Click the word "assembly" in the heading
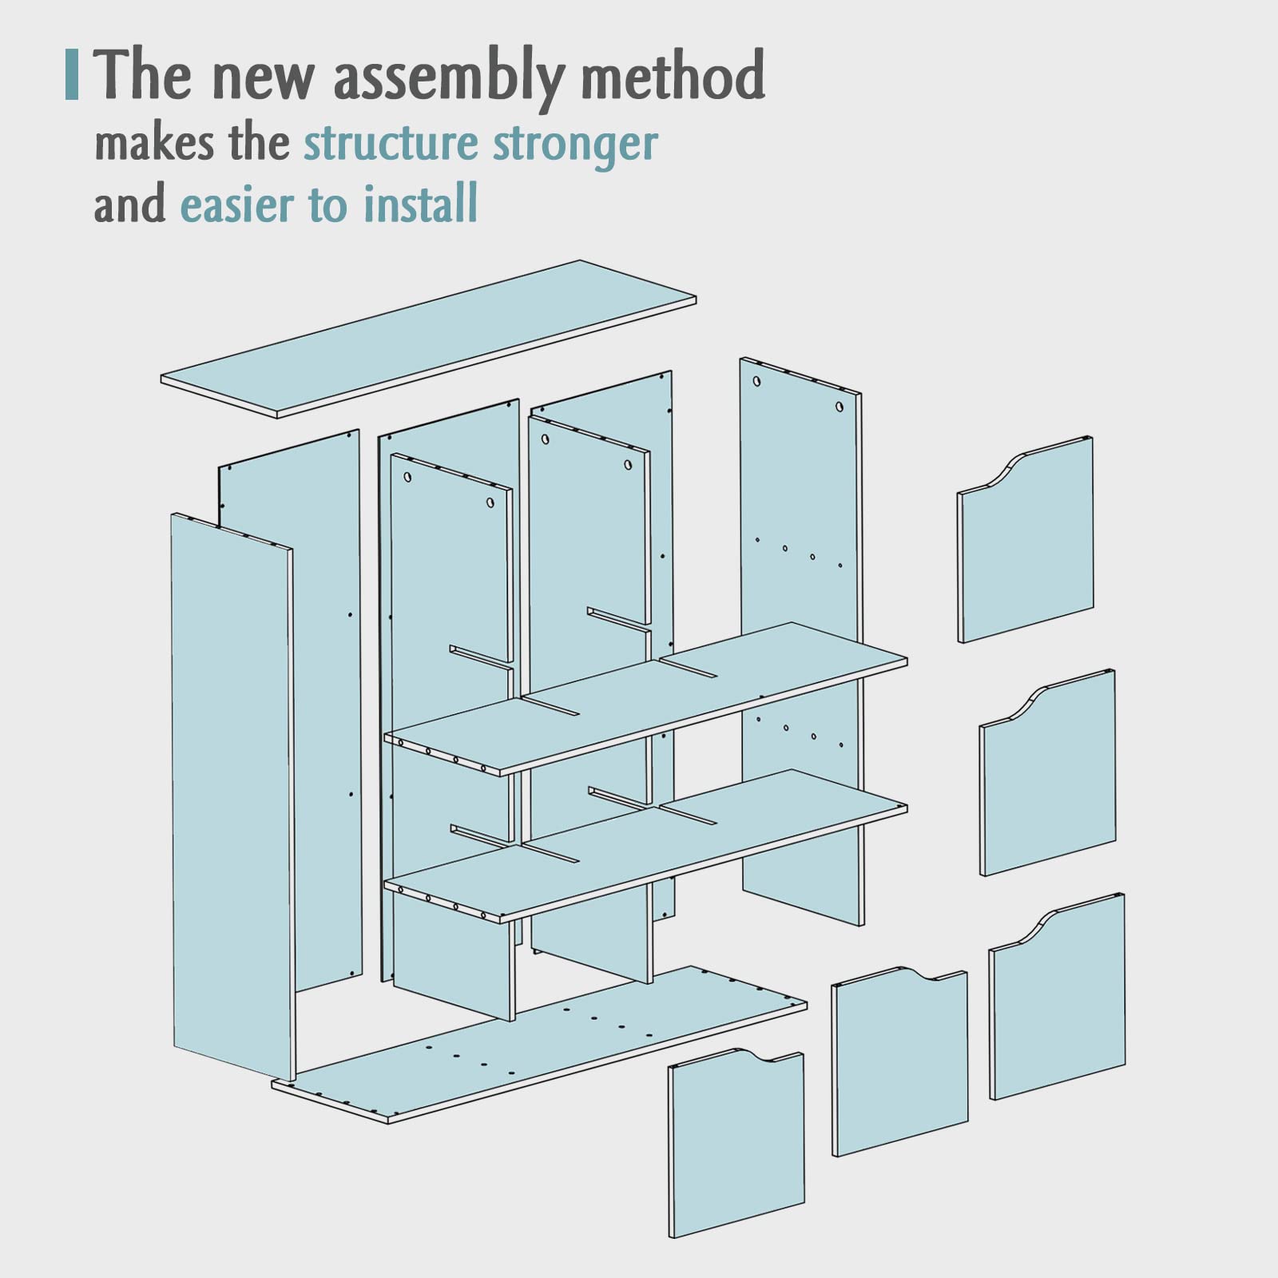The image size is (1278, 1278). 449,77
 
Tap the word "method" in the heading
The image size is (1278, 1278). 673,75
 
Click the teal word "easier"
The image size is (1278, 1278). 237,205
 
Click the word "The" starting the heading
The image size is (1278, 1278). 144,75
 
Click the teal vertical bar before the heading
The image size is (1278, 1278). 72,75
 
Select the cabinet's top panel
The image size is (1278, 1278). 428,339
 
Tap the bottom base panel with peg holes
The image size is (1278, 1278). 539,1045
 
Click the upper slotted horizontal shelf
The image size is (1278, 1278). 645,699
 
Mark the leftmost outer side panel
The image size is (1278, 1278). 233,797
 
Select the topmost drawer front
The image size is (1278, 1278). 1026,539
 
